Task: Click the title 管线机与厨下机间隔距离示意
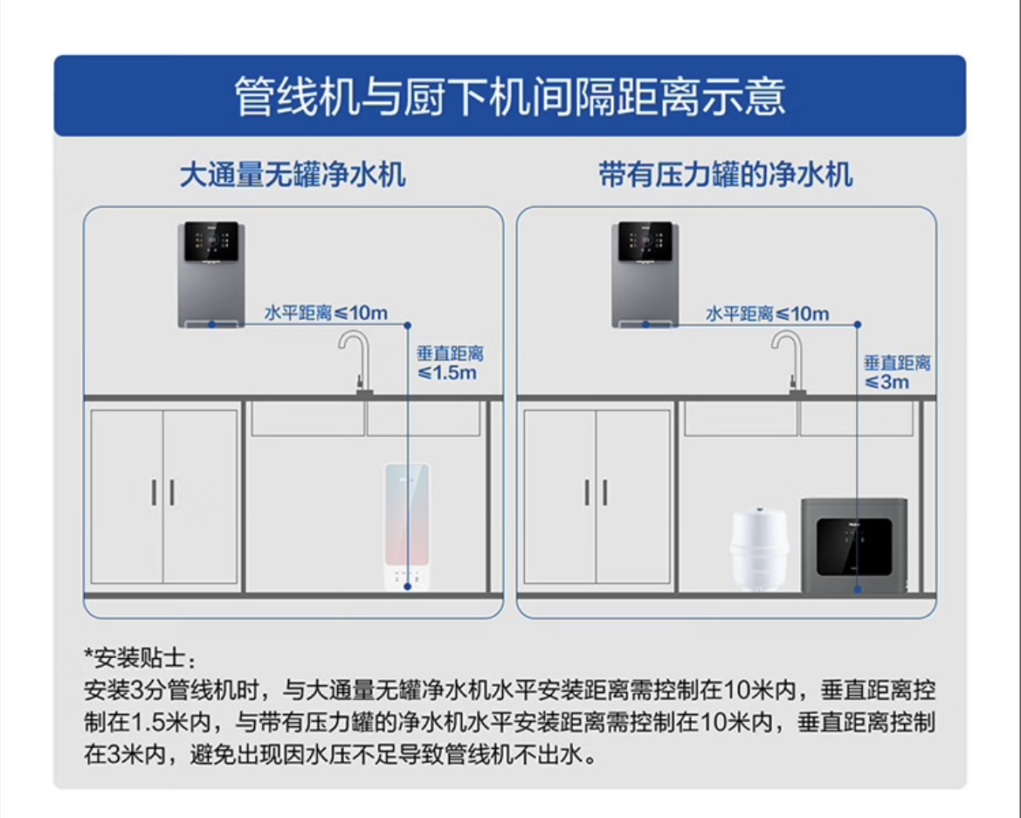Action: (x=510, y=96)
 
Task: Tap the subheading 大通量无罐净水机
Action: (x=293, y=175)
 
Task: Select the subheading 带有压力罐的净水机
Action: (x=726, y=175)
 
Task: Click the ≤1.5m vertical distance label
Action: (x=449, y=364)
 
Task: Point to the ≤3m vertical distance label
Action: (x=896, y=372)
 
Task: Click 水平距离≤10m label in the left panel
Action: (x=326, y=313)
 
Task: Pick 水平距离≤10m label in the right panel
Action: (x=767, y=313)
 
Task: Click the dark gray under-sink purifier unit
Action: (x=853, y=546)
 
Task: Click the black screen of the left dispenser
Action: (x=212, y=241)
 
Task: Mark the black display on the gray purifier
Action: (x=854, y=547)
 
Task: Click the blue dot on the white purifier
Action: (x=407, y=586)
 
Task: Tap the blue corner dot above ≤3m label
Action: (x=858, y=324)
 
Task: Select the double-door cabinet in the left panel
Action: (x=163, y=496)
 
